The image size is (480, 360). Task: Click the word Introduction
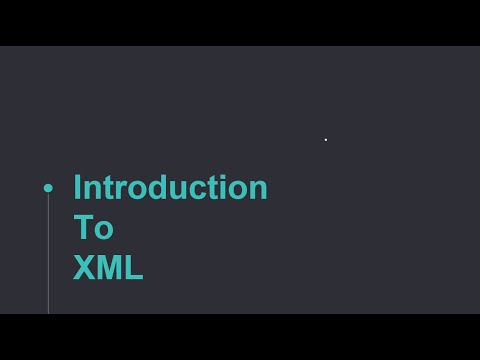(170, 188)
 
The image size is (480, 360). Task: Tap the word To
(93, 228)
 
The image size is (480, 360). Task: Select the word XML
(108, 268)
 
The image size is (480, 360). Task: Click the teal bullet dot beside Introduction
(48, 188)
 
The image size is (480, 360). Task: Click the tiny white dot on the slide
(326, 139)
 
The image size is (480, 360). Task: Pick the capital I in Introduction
(77, 188)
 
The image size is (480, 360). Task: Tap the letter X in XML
(84, 268)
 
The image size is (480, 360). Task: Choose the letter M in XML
(109, 268)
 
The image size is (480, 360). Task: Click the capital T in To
(85, 228)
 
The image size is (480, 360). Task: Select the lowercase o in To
(104, 230)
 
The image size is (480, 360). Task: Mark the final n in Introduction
(258, 190)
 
